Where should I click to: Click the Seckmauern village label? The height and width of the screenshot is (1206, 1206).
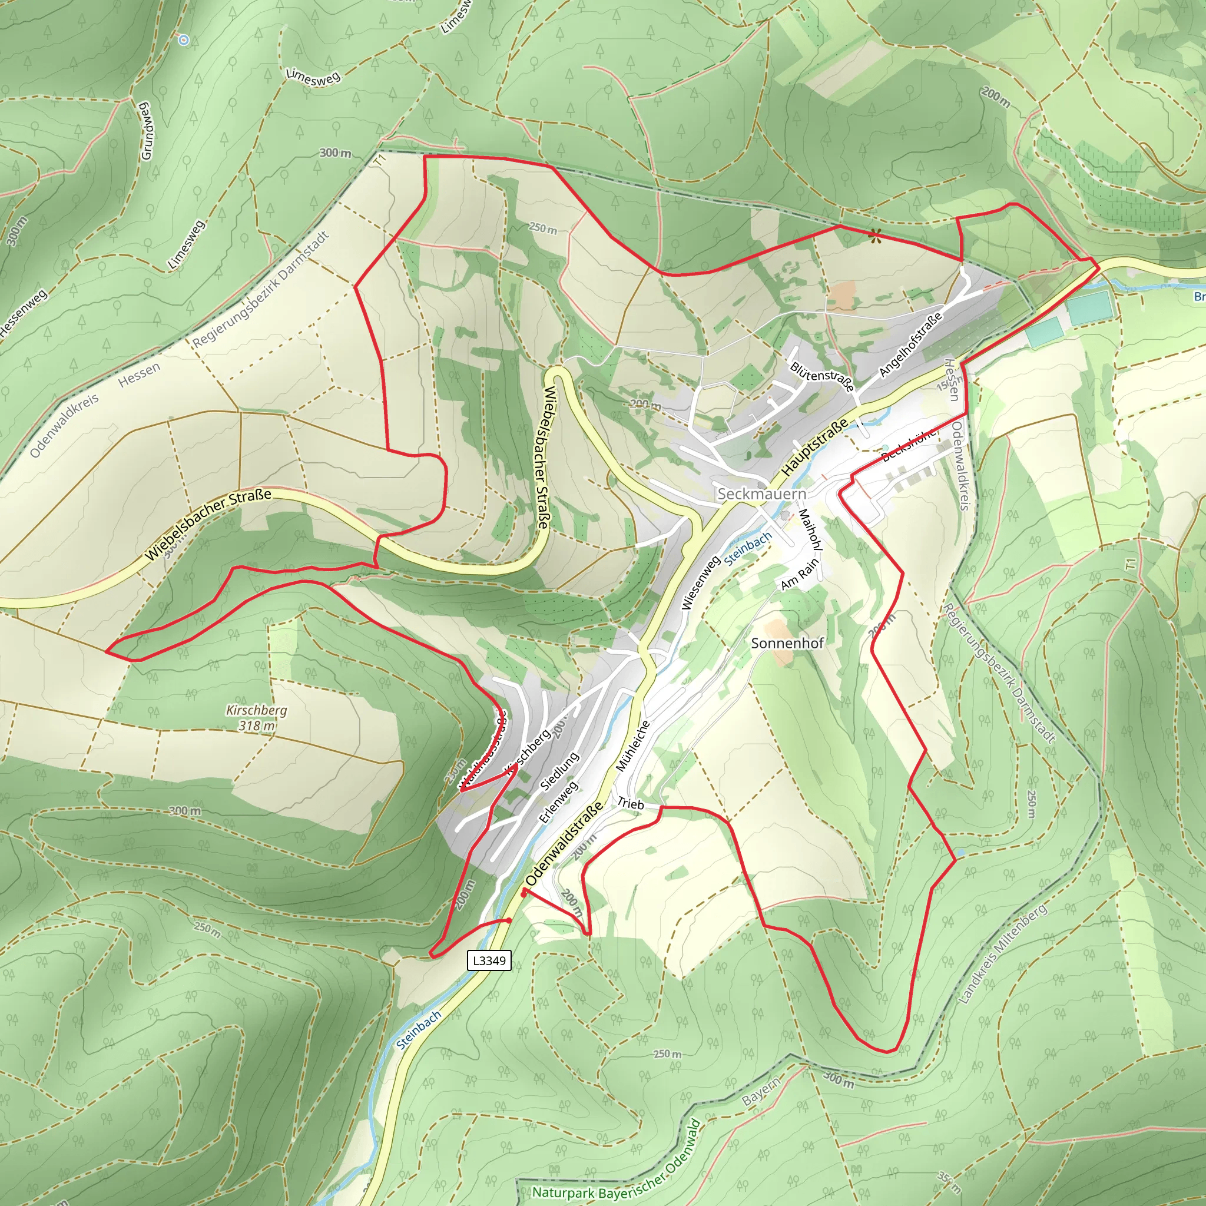(x=761, y=493)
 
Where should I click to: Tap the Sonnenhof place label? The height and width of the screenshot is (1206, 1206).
(x=787, y=643)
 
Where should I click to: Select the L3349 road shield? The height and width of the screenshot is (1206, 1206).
(x=489, y=960)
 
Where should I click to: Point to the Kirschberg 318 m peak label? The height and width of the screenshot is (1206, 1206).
(x=257, y=718)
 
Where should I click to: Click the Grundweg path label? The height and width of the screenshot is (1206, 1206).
(x=146, y=131)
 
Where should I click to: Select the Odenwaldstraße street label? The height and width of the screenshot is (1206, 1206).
(x=564, y=843)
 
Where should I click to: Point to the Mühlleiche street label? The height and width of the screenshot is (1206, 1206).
(x=633, y=746)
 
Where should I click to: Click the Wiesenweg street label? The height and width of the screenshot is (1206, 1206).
(x=700, y=582)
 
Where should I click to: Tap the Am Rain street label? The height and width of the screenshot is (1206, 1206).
(x=800, y=574)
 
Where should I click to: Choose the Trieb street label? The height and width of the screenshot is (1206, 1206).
(x=631, y=804)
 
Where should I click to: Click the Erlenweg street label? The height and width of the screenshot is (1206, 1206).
(x=558, y=802)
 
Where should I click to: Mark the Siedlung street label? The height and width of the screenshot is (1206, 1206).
(x=559, y=771)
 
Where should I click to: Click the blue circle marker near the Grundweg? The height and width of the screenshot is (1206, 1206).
(x=184, y=40)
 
